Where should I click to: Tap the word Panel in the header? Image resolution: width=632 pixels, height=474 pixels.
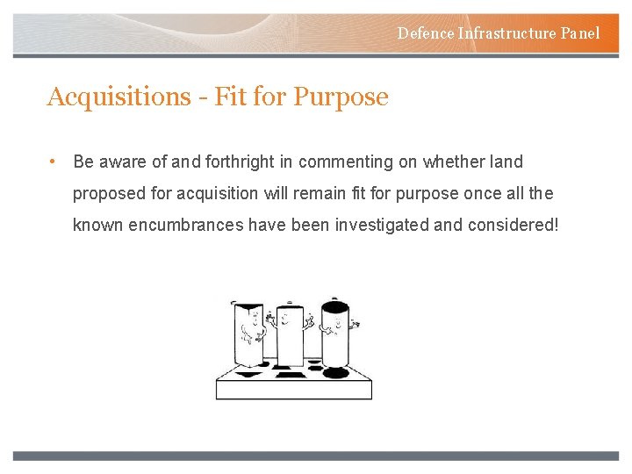580,33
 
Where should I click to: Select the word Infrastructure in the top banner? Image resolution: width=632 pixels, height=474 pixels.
507,33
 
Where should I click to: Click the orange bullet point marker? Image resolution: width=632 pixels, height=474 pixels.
54,162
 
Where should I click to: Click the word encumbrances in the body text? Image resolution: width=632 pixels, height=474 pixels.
184,225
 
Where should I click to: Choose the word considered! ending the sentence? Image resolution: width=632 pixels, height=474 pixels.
512,225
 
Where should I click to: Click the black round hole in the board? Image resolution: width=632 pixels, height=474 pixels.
334,372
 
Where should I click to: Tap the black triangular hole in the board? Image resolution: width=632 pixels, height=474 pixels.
250,374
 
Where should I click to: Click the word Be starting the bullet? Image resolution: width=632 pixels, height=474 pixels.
83,162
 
